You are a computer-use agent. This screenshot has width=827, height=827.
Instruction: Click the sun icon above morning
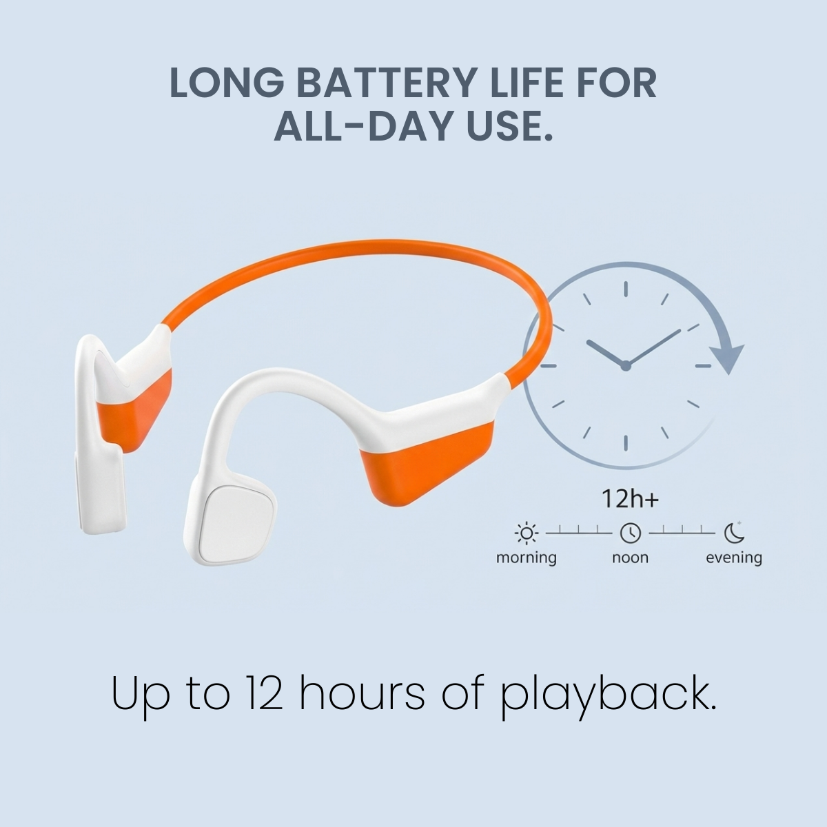pyautogui.click(x=527, y=533)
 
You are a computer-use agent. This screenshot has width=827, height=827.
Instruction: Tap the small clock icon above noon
pyautogui.click(x=631, y=533)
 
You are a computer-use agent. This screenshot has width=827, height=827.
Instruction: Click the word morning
pyautogui.click(x=527, y=557)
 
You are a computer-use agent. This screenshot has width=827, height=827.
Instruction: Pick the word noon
pyautogui.click(x=630, y=557)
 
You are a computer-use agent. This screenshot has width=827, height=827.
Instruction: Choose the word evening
pyautogui.click(x=734, y=557)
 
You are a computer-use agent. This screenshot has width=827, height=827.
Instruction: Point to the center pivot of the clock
pyautogui.click(x=626, y=366)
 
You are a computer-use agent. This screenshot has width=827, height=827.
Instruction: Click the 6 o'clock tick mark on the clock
pyautogui.click(x=626, y=443)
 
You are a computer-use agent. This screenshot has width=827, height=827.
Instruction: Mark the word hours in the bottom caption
pyautogui.click(x=365, y=694)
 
